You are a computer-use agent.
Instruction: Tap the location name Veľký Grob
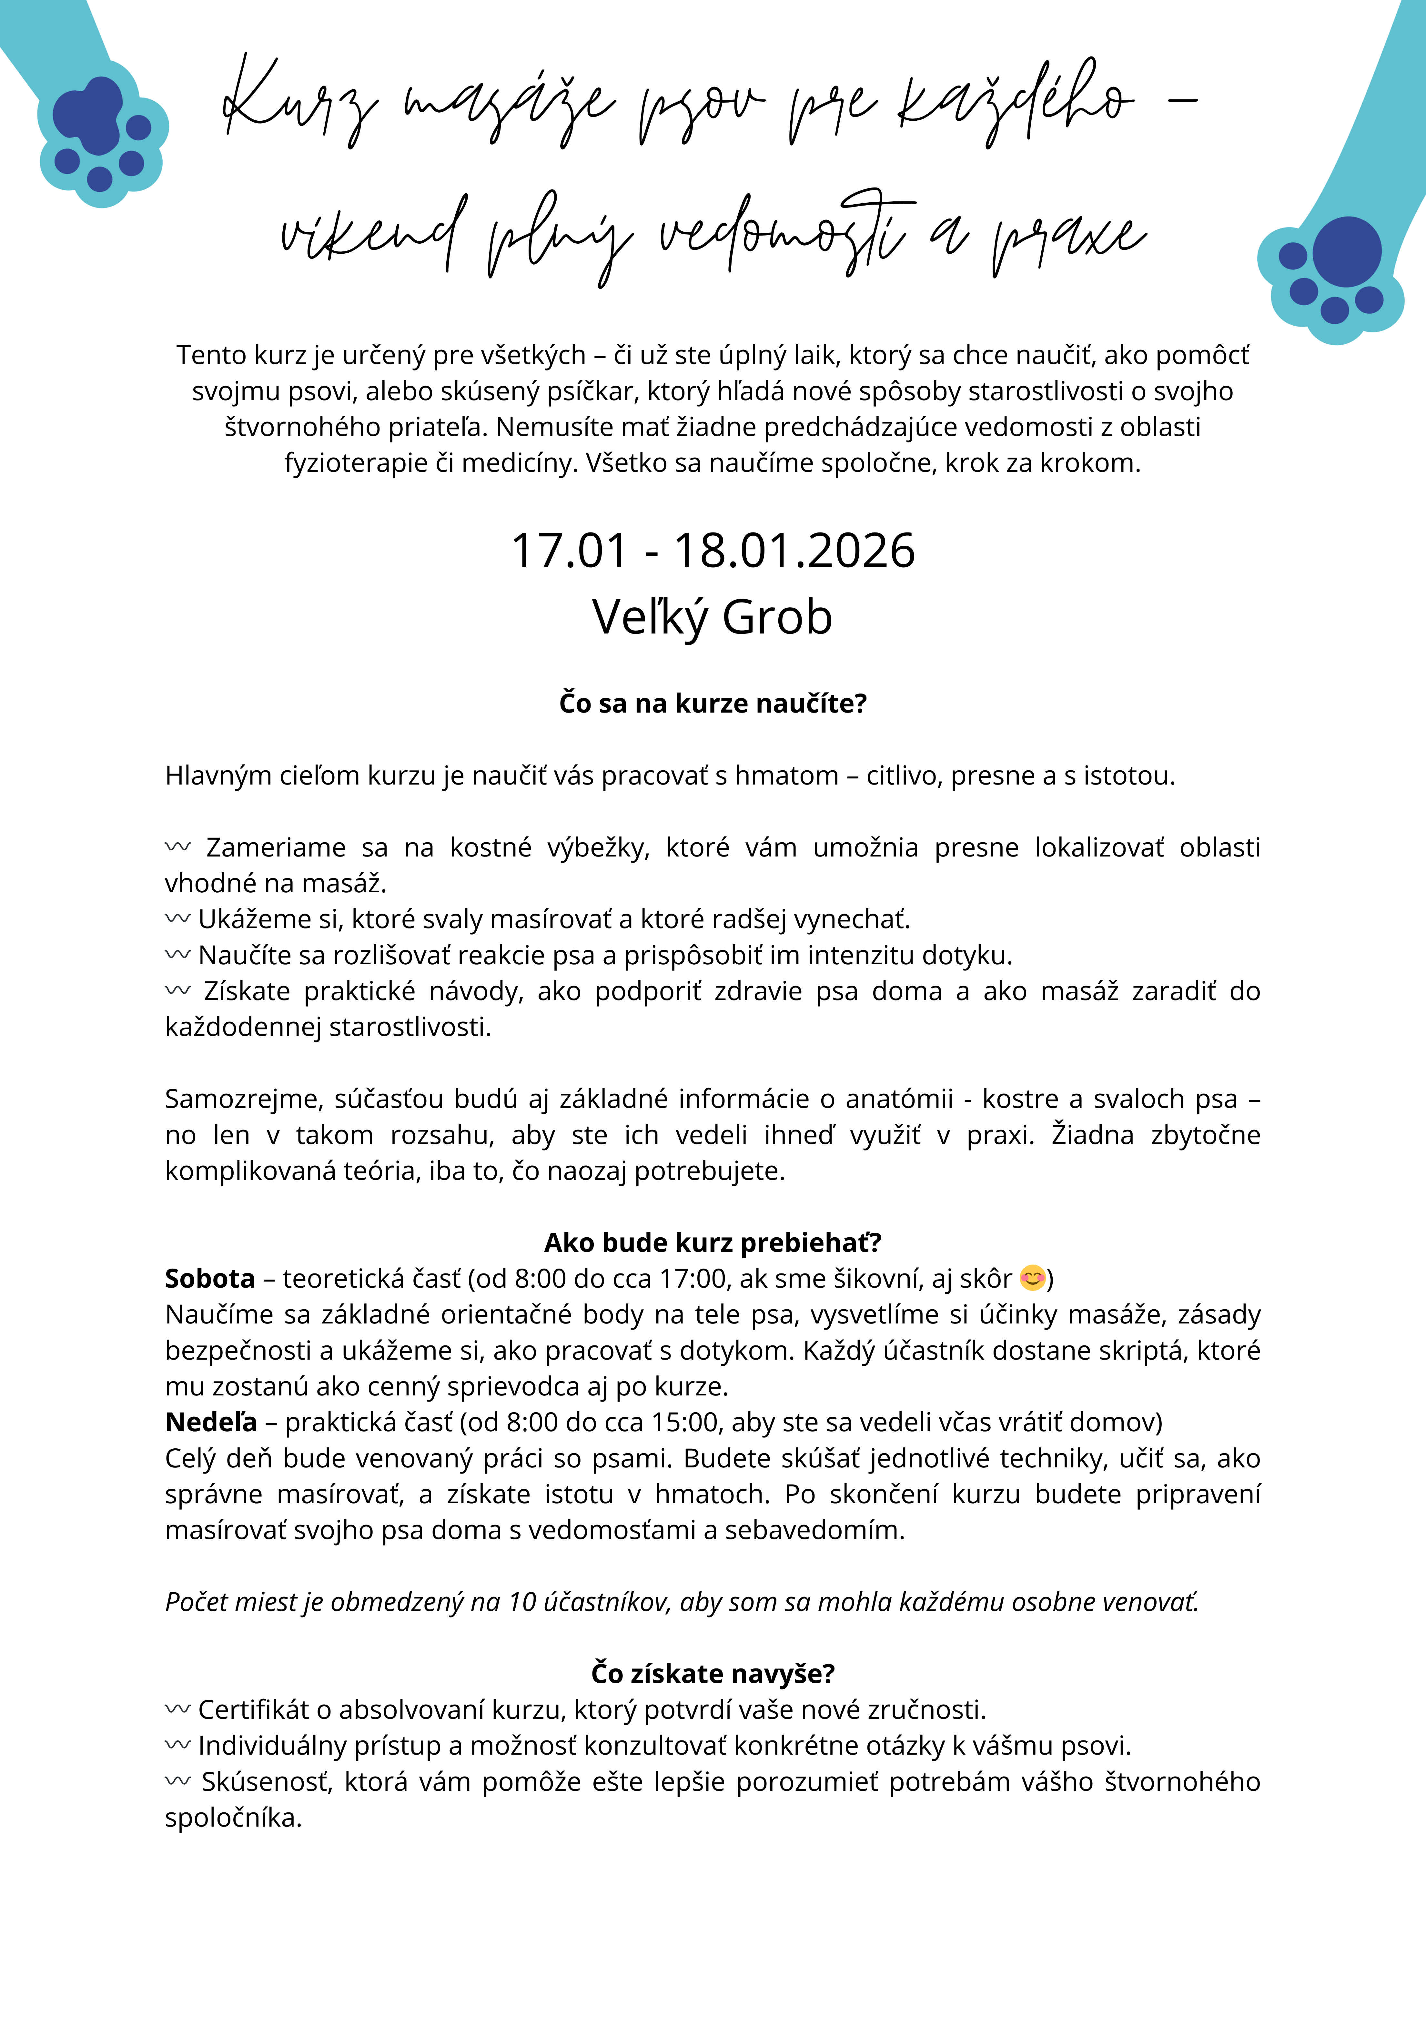coord(713,618)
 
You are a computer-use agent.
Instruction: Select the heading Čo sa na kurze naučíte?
coord(713,704)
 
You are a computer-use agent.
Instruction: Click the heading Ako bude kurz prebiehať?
coord(713,1242)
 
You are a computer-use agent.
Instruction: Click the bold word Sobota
coord(210,1278)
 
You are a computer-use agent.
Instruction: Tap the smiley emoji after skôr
coord(1032,1278)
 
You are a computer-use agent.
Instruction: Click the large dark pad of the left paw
coord(90,114)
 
